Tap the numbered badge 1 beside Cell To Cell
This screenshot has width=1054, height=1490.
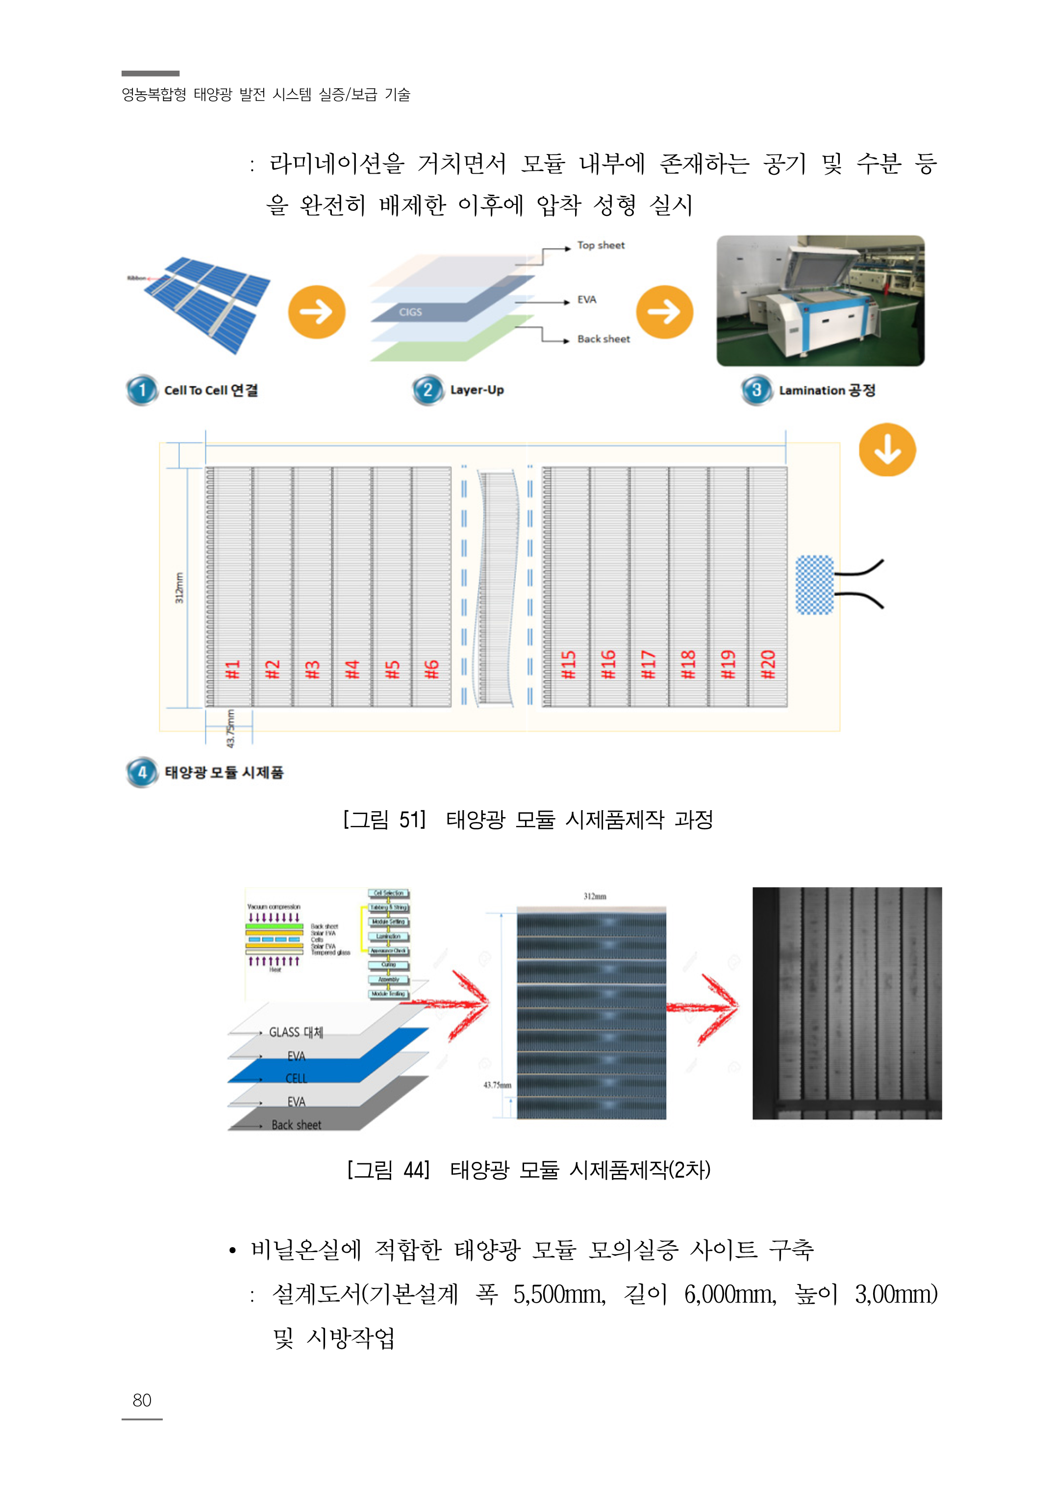click(142, 390)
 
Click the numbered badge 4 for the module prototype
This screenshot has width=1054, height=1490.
click(142, 772)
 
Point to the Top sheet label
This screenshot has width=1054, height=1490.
click(601, 245)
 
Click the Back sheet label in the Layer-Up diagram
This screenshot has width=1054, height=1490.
click(603, 339)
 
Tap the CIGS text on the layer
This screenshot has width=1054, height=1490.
click(410, 312)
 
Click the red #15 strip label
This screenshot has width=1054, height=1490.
click(569, 665)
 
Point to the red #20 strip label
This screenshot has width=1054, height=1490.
click(768, 665)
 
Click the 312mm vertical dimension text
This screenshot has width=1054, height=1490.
click(179, 588)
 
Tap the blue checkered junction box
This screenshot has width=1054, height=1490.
click(814, 584)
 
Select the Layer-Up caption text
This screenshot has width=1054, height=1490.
click(477, 390)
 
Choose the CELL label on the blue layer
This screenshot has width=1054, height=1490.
click(296, 1079)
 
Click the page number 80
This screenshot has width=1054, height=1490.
click(142, 1400)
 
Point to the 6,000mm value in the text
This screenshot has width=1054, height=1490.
click(729, 1295)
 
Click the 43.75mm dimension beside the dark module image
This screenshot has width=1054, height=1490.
click(497, 1085)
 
